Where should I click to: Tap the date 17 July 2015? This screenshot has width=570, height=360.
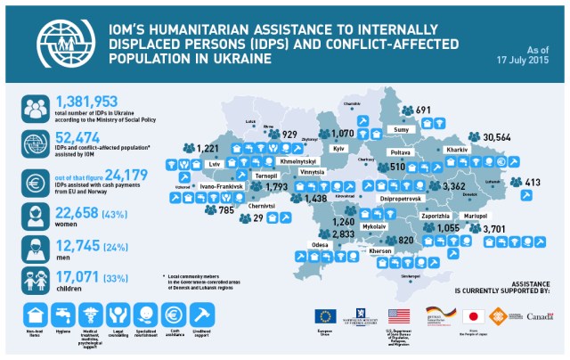click(534, 59)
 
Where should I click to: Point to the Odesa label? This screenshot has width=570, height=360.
click(319, 243)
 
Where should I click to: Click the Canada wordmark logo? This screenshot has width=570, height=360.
click(540, 316)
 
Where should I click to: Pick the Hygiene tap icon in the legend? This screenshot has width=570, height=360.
click(63, 315)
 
